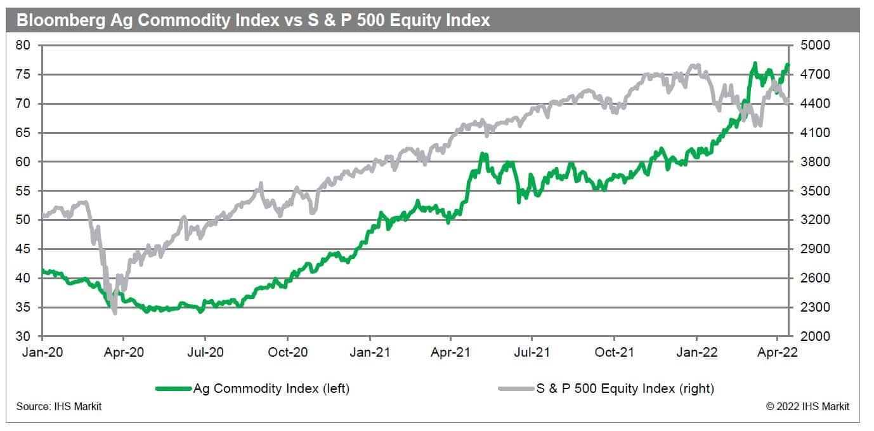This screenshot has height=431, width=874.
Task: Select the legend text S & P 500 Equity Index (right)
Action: coord(625,388)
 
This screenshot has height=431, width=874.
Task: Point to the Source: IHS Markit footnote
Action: coord(58,406)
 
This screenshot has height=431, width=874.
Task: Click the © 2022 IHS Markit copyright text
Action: coord(807,406)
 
